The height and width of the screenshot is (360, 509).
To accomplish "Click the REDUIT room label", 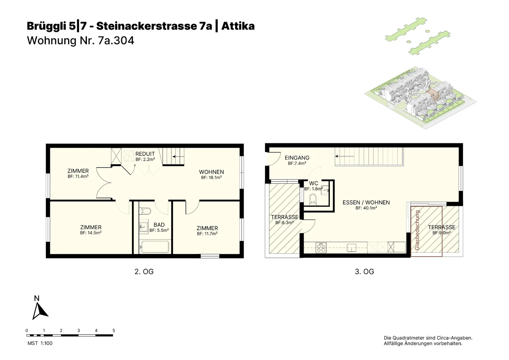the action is click(x=145, y=154).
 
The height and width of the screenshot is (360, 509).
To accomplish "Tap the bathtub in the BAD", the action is click(x=155, y=247).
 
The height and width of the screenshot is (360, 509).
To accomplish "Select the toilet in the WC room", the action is click(x=313, y=199).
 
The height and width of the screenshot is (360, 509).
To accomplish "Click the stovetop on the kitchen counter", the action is click(x=321, y=248).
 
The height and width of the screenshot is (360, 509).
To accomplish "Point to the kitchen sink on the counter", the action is click(x=352, y=248).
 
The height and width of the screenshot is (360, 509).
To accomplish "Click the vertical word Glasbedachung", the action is click(x=417, y=230).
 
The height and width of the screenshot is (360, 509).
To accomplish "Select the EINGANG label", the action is click(x=297, y=158).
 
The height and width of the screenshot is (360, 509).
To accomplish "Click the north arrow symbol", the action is click(x=39, y=312).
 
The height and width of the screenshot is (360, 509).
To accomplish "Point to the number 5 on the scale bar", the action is click(x=114, y=330).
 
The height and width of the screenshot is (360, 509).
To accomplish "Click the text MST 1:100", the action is click(x=40, y=343).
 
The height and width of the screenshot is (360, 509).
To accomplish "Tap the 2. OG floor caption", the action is click(x=144, y=272).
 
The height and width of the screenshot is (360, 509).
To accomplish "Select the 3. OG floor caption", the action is click(x=364, y=272).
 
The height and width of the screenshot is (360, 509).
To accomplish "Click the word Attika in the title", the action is click(x=238, y=26).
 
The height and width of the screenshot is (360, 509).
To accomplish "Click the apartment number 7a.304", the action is click(x=116, y=40).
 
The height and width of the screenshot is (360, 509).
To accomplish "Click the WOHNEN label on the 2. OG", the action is click(x=211, y=172).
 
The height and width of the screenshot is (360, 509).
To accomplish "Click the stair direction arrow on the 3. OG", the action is click(x=345, y=156).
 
